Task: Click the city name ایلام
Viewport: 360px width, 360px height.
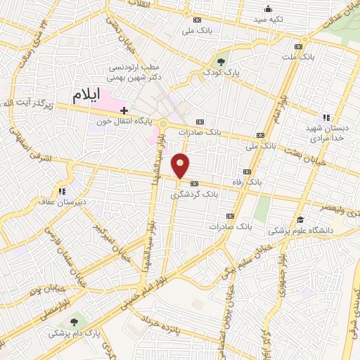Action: (87, 94)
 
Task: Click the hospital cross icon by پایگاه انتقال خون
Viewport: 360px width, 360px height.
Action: (124, 110)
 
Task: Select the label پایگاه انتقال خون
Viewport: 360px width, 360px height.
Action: (124, 121)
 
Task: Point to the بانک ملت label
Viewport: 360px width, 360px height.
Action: (299, 56)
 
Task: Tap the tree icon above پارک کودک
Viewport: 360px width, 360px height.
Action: (223, 61)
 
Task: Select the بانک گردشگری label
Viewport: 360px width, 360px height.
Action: (195, 194)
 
